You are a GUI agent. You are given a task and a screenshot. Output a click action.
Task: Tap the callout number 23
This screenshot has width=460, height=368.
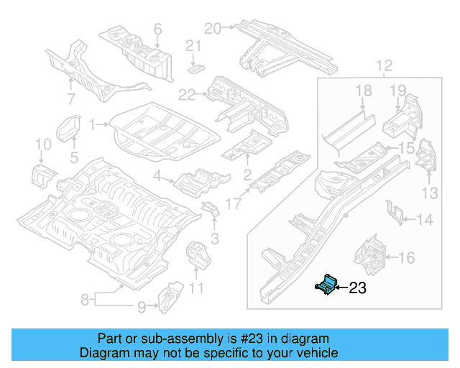[357, 289]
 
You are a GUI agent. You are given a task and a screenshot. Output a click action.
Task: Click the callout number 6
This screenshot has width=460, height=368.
[157, 29]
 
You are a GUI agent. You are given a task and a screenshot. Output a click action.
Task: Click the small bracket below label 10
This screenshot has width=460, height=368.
[41, 174]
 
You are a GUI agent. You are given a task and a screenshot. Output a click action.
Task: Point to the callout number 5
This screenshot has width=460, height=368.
[74, 157]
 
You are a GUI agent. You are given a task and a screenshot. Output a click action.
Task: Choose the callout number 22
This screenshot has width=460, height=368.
[187, 94]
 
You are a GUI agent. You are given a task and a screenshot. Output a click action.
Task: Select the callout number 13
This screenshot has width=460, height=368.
[429, 193]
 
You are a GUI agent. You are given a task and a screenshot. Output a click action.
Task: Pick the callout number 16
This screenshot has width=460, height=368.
[406, 257]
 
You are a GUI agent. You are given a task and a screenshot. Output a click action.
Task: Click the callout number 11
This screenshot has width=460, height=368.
[196, 289]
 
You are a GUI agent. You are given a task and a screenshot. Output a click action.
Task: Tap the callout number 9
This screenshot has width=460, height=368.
[141, 307]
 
